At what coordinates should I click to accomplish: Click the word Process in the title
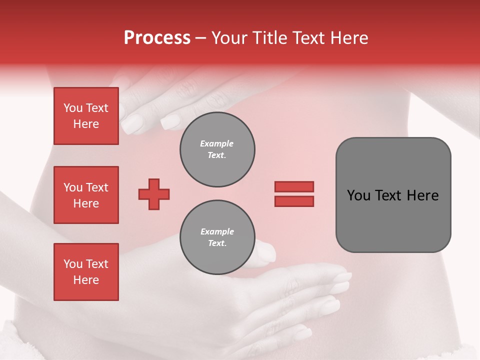[157, 38]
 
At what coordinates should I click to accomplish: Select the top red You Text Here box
[86, 116]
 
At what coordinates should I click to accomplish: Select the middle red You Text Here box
[86, 195]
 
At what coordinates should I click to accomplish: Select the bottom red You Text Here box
[86, 272]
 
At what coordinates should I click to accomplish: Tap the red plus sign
[154, 194]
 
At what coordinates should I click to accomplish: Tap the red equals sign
[294, 194]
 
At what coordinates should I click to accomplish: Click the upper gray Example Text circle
[217, 149]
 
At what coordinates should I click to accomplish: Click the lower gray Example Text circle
[217, 237]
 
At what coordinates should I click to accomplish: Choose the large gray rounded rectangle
[393, 195]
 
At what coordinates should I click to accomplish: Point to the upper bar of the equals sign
[294, 186]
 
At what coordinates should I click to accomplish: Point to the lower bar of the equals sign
[294, 201]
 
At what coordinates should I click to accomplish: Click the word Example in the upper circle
[217, 144]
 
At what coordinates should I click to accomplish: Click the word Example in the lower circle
[217, 232]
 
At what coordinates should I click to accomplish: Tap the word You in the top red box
[73, 108]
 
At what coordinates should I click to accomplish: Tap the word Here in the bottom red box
[86, 280]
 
